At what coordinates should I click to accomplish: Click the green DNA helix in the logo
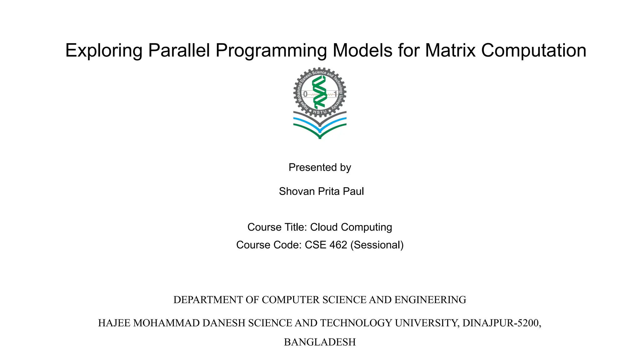(x=319, y=92)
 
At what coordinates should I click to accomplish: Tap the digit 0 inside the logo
(x=305, y=94)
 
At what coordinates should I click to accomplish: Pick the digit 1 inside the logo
(x=336, y=94)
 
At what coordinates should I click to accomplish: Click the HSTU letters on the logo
(x=320, y=112)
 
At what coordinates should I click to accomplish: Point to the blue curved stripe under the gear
(x=306, y=122)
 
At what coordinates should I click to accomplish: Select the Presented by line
(x=320, y=167)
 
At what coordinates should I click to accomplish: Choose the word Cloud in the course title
(x=324, y=227)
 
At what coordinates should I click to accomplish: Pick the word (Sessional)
(x=377, y=245)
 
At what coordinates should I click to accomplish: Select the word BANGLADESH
(x=320, y=342)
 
